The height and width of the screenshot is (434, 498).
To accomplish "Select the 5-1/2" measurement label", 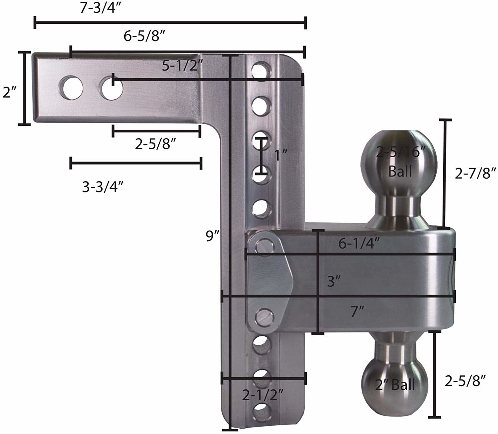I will point(182,66).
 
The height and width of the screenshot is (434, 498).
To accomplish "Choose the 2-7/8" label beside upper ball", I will point(475,173).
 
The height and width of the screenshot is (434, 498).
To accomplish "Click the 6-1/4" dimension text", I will point(359,244).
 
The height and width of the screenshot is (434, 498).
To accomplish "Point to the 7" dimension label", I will point(358,312).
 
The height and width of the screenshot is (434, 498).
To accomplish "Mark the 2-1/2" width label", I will point(262,395).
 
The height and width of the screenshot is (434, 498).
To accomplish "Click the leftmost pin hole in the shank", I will point(71,88).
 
